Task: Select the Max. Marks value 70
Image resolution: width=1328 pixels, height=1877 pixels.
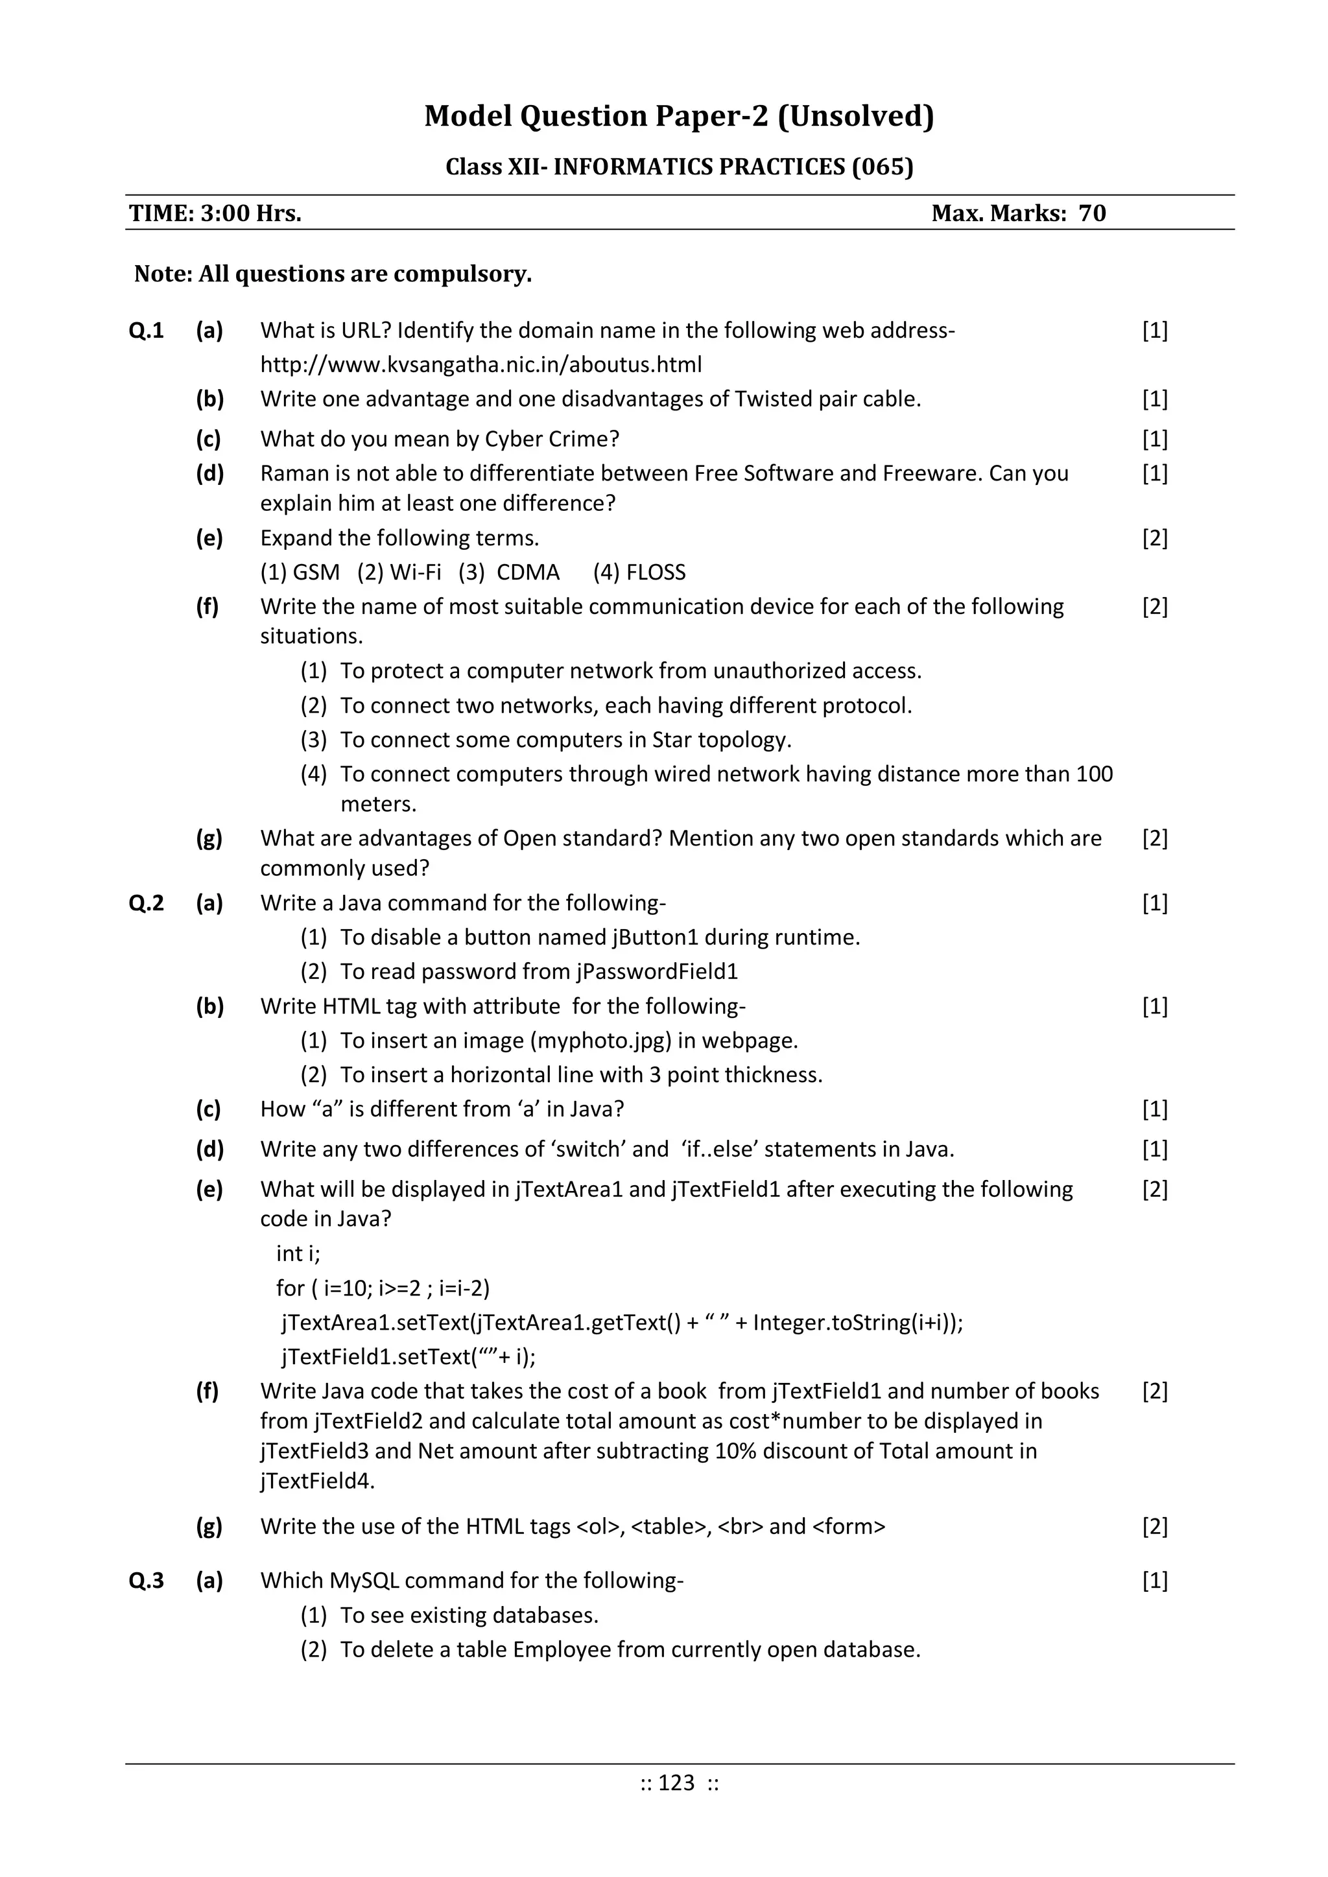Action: point(1092,213)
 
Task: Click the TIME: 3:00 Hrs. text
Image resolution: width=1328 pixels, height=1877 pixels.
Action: point(215,213)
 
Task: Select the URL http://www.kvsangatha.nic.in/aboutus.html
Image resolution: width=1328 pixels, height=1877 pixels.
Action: point(481,364)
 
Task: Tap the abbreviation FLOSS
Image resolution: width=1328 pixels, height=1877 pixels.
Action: point(655,573)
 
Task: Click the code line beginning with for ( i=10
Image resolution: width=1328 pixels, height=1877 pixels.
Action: point(383,1288)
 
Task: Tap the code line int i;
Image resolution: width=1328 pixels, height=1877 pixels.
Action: point(298,1253)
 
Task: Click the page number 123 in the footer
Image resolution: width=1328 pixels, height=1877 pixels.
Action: point(676,1783)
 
